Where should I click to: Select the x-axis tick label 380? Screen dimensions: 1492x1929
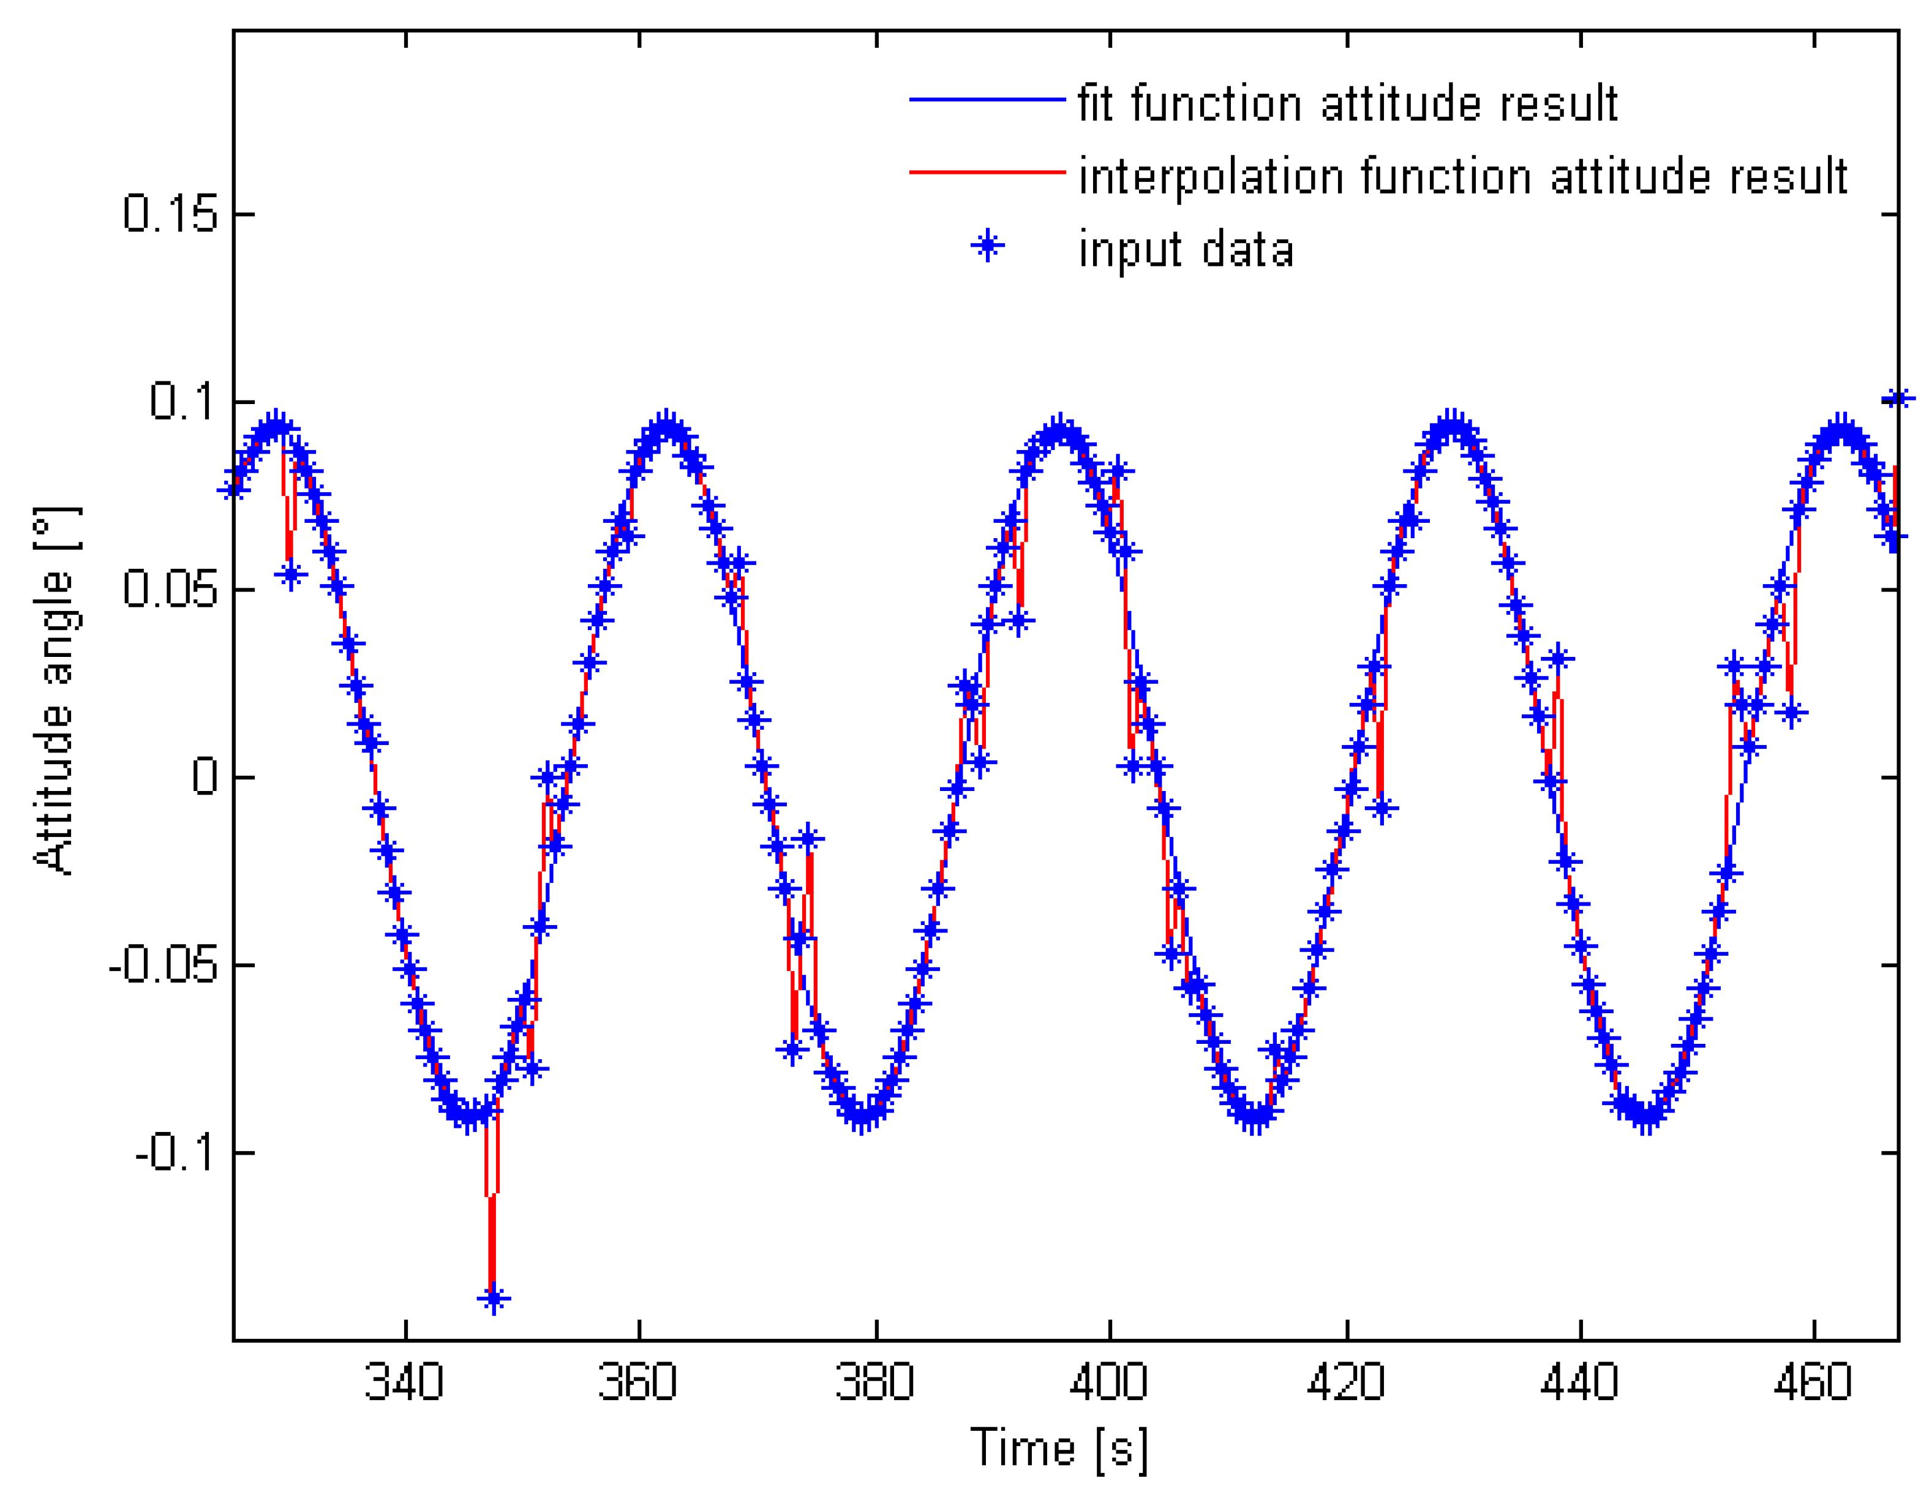pos(874,1382)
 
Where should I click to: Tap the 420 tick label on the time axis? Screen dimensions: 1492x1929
pos(1345,1382)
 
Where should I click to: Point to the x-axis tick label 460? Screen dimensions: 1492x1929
pos(1813,1382)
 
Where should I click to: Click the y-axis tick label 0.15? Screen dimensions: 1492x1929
pos(170,214)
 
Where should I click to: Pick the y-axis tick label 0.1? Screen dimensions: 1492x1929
pos(183,402)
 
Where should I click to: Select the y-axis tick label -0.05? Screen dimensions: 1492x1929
pos(162,966)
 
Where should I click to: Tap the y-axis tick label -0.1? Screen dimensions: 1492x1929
pos(176,1153)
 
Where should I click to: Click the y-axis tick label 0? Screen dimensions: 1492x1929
pos(205,778)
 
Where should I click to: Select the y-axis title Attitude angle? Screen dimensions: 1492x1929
pos(55,691)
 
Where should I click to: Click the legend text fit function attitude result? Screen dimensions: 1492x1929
pos(1347,104)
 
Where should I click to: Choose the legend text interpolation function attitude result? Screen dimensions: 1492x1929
pos(1462,176)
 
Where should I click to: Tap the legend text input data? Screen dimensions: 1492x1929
pos(1186,250)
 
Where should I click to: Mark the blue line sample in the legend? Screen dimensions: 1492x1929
pos(987,100)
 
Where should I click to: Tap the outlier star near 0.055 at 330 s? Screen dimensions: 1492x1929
pos(291,575)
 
